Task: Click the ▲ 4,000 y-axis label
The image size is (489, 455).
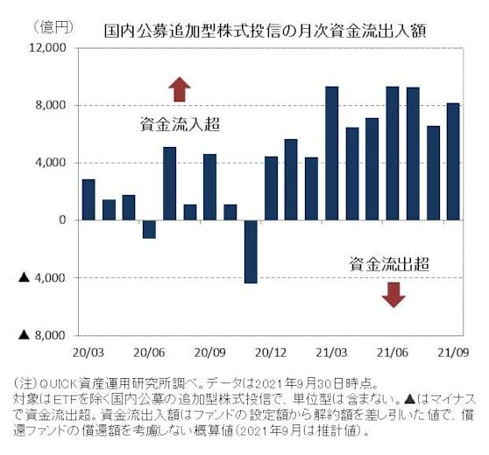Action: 43,278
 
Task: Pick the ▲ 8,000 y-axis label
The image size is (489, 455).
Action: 43,335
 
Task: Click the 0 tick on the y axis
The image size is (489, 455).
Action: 63,220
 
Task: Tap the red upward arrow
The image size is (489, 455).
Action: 180,89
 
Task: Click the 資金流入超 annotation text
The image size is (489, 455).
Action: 179,125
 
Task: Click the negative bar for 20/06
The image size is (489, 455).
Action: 149,229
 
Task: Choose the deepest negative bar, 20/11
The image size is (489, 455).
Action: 251,252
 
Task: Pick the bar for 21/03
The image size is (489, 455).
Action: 332,153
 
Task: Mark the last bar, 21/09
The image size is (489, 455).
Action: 453,162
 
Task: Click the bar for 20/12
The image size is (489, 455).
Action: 271,188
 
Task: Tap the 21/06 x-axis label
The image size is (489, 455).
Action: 392,352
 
